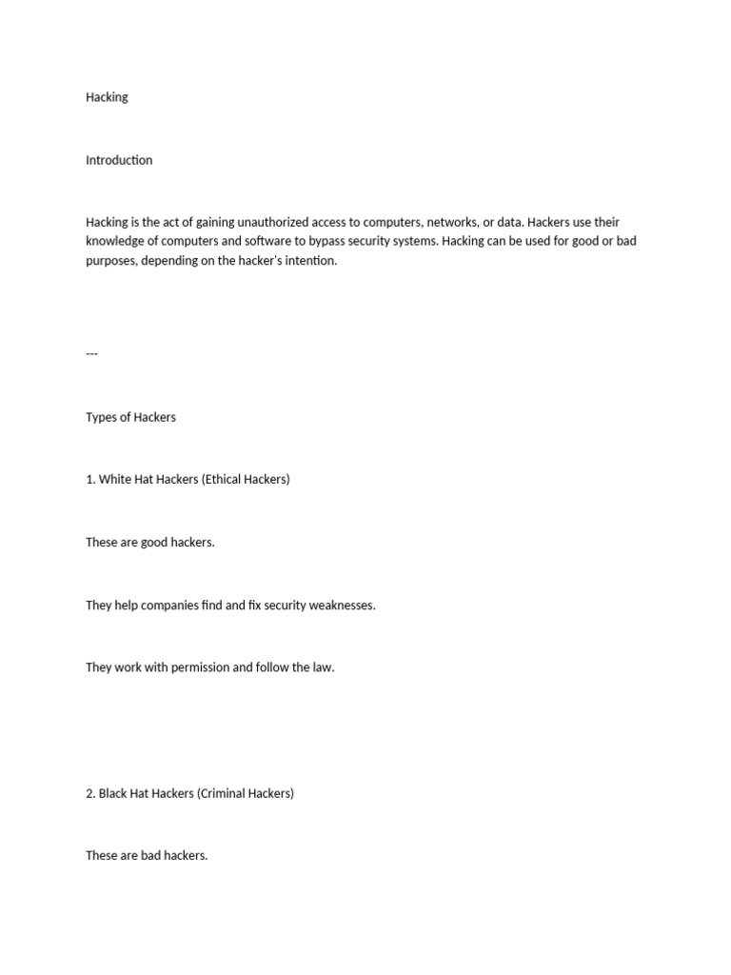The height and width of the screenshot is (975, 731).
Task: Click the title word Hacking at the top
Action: (107, 97)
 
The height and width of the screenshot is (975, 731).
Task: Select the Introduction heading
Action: (119, 160)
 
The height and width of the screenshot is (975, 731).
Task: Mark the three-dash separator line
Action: (91, 353)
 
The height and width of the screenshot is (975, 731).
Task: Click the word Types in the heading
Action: (101, 417)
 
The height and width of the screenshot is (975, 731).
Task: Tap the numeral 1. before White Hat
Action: (90, 479)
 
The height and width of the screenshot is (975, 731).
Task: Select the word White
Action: (115, 479)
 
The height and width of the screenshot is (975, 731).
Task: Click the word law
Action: (324, 667)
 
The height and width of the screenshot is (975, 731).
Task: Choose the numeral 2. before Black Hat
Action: (90, 792)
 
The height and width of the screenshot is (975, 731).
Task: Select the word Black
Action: (114, 792)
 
